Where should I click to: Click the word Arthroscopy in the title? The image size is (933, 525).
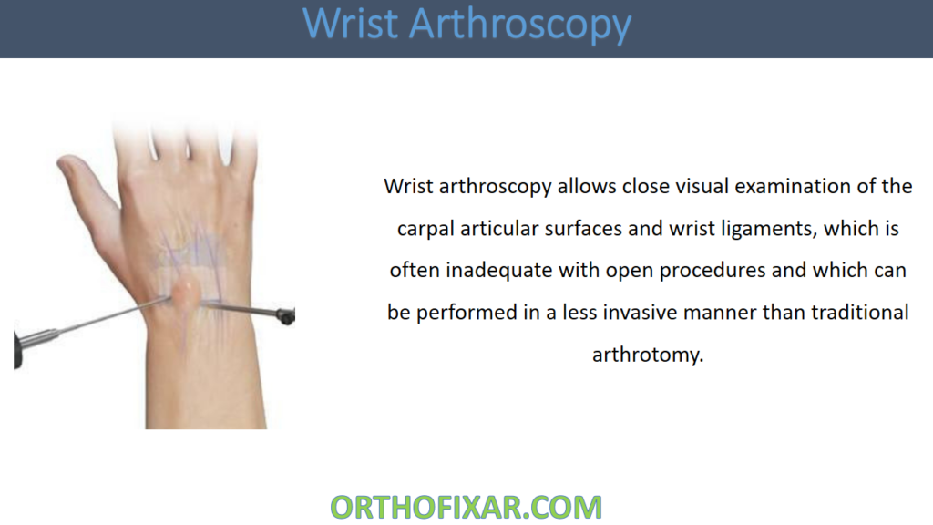[x=520, y=25]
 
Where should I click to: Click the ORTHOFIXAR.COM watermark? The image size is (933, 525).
[x=466, y=506]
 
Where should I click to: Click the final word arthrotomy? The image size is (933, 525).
[x=648, y=354]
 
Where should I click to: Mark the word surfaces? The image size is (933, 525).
[x=582, y=228]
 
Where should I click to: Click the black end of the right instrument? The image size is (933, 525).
[x=285, y=316]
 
